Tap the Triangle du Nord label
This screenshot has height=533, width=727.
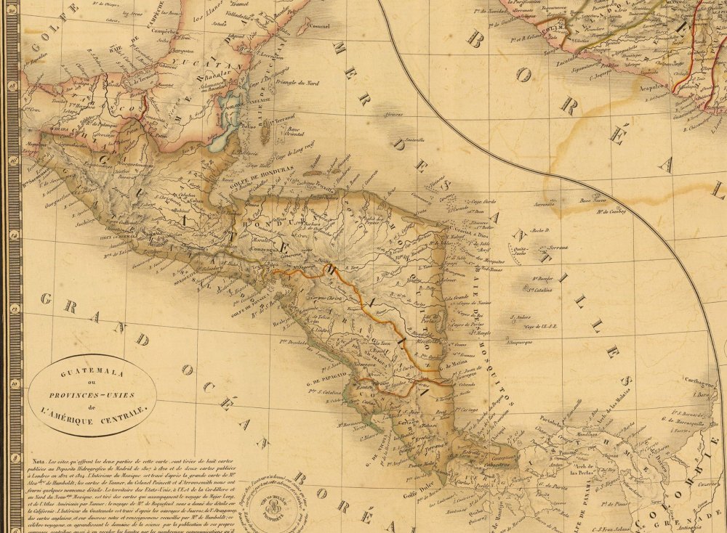[300, 82]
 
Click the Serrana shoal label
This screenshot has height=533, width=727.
[558, 248]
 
